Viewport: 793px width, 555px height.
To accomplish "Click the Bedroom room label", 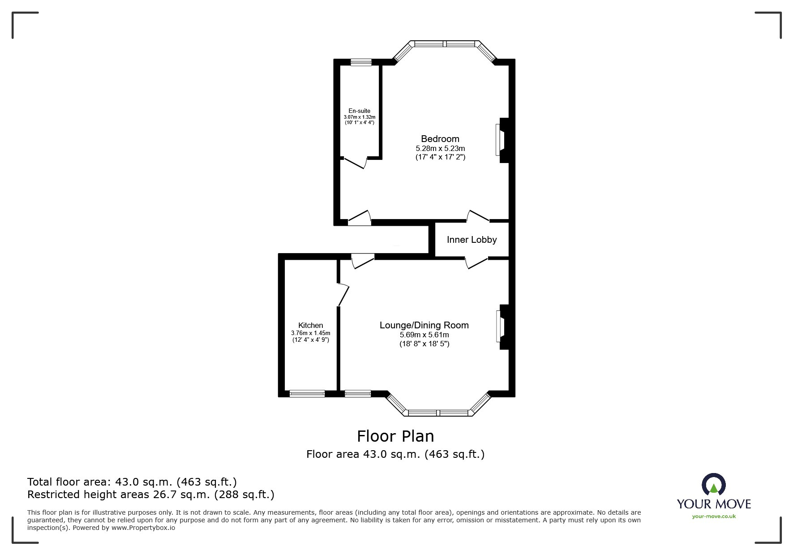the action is pyautogui.click(x=440, y=139).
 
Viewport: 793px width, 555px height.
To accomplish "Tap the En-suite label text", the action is pyautogui.click(x=360, y=111).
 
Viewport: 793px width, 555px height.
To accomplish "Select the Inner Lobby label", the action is pyautogui.click(x=472, y=240).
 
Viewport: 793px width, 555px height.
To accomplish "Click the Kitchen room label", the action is pyautogui.click(x=311, y=326).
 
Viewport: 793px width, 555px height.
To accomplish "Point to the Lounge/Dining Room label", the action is pyautogui.click(x=424, y=326).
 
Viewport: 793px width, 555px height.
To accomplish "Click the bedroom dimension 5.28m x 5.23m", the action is pyautogui.click(x=440, y=148).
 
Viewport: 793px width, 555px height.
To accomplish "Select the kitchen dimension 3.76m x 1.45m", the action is pyautogui.click(x=311, y=333).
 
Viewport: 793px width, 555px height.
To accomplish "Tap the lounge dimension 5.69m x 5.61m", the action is pyautogui.click(x=424, y=335).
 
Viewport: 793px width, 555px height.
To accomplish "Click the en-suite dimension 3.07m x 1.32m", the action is pyautogui.click(x=360, y=117).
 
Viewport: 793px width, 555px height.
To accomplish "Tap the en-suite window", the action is pyautogui.click(x=361, y=63).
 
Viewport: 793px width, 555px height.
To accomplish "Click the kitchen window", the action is pyautogui.click(x=307, y=394).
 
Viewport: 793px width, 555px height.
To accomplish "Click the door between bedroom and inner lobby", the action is pyautogui.click(x=478, y=216).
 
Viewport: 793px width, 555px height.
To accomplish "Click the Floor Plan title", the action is pyautogui.click(x=395, y=436).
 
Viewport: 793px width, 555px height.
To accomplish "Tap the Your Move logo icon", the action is pyautogui.click(x=713, y=485).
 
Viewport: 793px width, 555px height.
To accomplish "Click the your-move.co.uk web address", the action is pyautogui.click(x=714, y=516).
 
